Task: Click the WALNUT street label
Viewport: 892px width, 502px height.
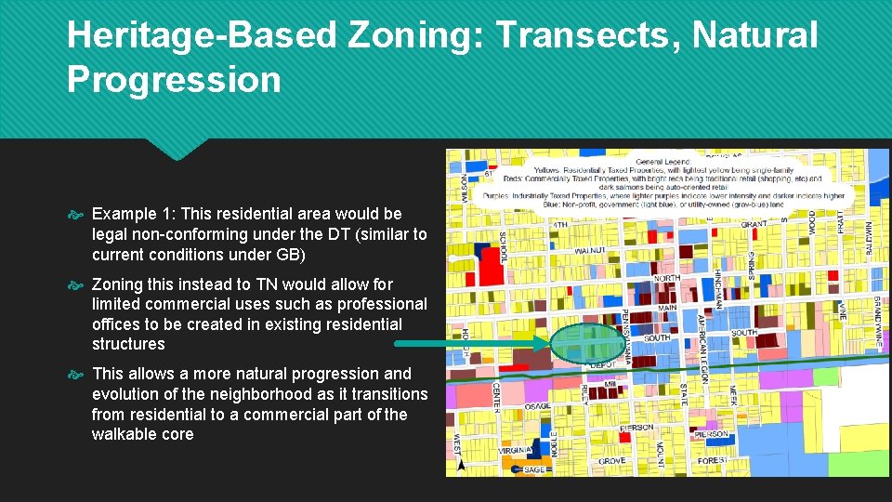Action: point(590,251)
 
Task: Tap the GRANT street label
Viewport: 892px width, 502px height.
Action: point(754,224)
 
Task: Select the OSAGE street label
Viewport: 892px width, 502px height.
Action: point(537,406)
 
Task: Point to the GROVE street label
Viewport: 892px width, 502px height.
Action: point(611,461)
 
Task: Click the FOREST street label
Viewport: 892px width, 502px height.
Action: point(711,460)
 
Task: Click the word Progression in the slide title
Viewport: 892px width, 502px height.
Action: point(174,80)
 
